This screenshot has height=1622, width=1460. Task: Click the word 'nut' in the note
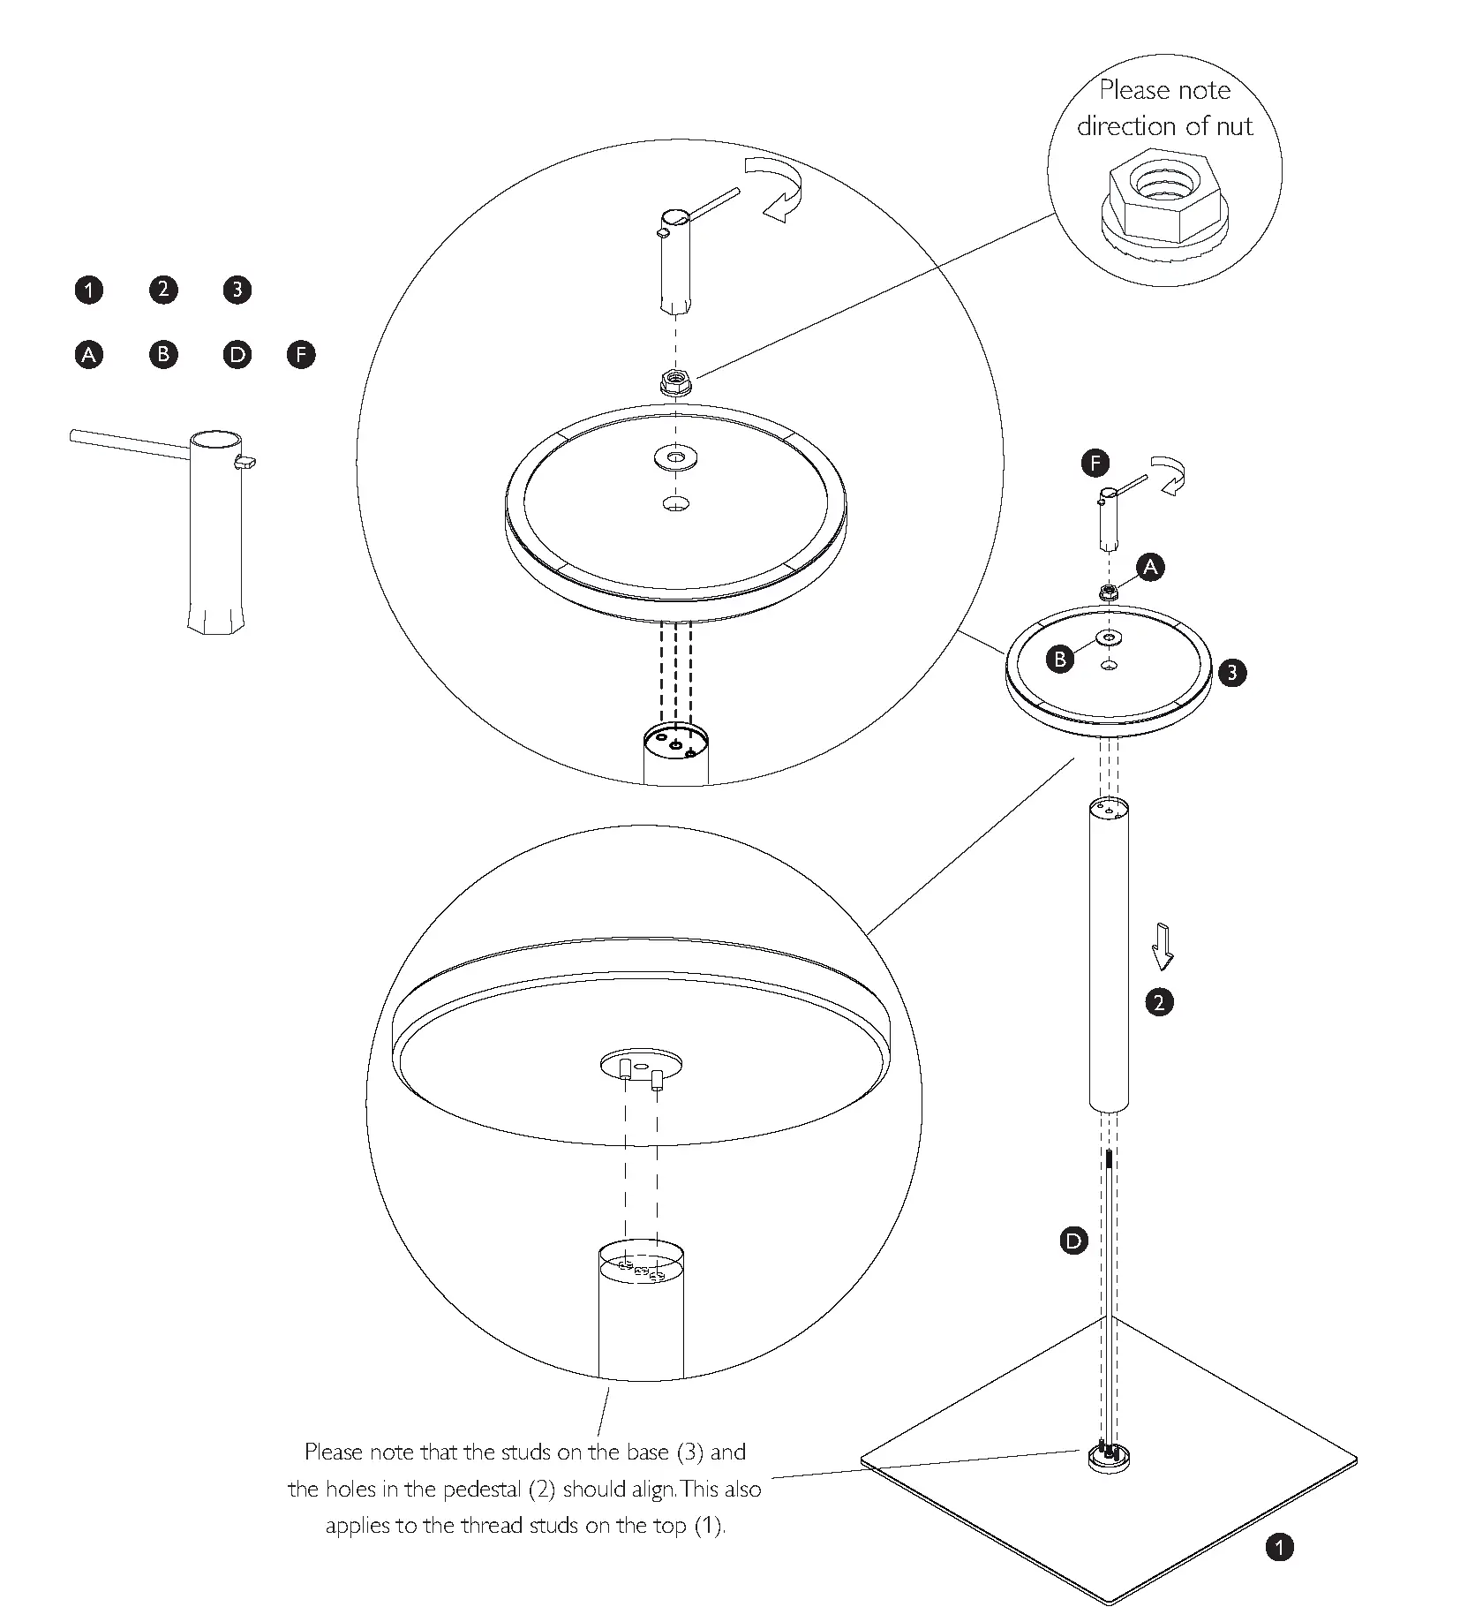(1233, 126)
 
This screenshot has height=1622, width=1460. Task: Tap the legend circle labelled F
(301, 355)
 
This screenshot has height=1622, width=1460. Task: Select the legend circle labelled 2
(163, 290)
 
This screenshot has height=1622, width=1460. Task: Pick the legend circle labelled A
(88, 355)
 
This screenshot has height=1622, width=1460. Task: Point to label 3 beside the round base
(1232, 673)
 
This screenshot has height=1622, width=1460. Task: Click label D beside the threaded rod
(1073, 1241)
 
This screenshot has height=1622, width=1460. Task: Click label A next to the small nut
(1149, 567)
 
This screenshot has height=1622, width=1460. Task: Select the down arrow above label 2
(1163, 947)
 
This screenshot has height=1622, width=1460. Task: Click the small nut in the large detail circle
(675, 381)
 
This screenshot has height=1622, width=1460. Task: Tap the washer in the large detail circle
(675, 457)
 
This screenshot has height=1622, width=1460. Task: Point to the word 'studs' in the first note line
(527, 1452)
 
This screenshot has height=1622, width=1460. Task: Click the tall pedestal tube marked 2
(1110, 954)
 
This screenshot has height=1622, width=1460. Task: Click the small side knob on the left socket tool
(246, 461)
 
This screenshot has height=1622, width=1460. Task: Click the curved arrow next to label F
(1170, 476)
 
